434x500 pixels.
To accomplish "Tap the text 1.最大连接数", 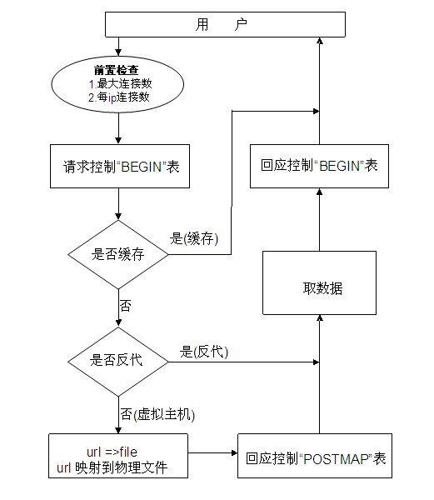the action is (x=120, y=84).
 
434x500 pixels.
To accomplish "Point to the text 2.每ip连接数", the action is (x=119, y=97).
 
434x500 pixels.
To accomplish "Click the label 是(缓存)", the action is (x=194, y=238).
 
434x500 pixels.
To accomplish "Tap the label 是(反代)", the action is (x=204, y=352).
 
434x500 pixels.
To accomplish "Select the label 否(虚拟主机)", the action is (x=157, y=414).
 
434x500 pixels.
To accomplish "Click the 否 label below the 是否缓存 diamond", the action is (x=125, y=306).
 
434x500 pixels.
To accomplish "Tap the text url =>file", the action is (x=112, y=452).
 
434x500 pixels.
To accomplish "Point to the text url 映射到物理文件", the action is (x=112, y=467).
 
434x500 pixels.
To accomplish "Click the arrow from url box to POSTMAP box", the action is (x=213, y=452).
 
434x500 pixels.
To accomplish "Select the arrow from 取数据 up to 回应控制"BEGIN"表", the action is (x=320, y=219).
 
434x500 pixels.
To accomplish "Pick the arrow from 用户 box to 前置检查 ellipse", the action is (x=118, y=47).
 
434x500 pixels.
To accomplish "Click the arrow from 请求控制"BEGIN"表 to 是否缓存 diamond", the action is (x=118, y=204).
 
